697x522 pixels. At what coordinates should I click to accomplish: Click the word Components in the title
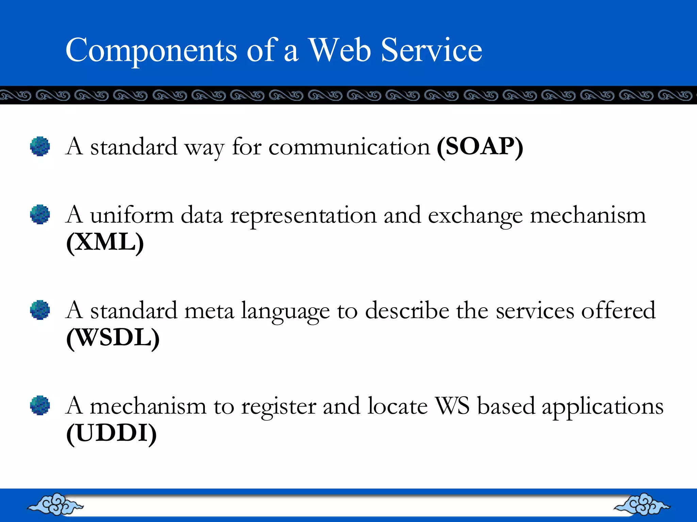151,50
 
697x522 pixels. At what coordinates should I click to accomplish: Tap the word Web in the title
339,50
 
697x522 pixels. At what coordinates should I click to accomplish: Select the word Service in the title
431,50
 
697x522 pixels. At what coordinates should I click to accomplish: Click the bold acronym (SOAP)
480,147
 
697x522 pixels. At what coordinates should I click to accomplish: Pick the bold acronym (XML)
105,243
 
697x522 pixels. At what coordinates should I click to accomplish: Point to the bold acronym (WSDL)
113,338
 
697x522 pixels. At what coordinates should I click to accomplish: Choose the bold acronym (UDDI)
111,434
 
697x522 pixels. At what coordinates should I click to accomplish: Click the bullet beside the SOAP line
40,146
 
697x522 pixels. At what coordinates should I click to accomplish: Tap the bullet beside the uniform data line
40,214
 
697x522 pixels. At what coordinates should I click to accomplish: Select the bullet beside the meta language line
40,310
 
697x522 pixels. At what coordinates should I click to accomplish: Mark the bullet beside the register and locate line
40,405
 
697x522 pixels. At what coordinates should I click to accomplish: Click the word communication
349,147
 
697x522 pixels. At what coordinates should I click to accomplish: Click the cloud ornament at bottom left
55,504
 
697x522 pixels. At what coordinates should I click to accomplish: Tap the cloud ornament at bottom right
642,504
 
